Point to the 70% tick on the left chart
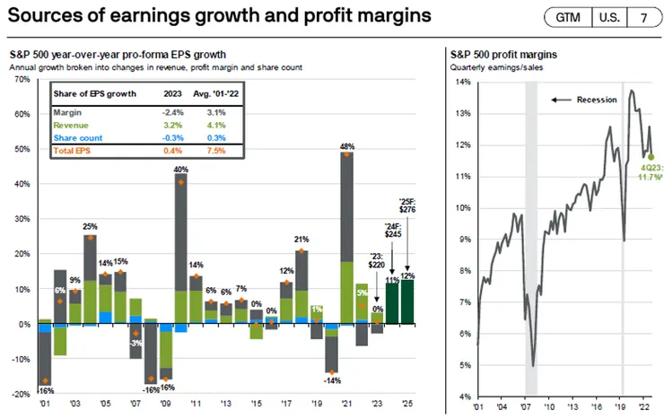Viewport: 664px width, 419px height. [21, 80]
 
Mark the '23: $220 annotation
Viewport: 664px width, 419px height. [379, 260]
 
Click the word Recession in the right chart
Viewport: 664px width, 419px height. [597, 100]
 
